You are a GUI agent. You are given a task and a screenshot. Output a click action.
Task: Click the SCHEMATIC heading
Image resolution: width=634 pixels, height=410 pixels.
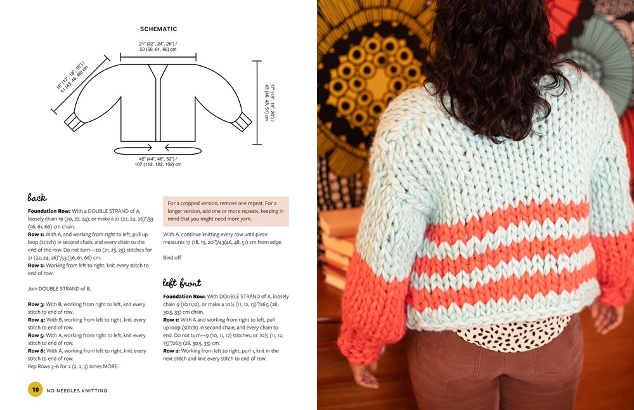click(x=158, y=29)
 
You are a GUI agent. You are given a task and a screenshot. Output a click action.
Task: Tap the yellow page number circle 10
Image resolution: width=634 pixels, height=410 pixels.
click(x=35, y=389)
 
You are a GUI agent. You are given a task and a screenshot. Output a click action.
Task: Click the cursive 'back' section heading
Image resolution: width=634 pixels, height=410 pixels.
click(x=37, y=197)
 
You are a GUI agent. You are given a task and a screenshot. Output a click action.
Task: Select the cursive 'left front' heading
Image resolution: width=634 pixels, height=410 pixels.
click(x=182, y=283)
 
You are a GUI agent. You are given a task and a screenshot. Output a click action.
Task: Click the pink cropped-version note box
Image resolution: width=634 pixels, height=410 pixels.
click(x=226, y=211)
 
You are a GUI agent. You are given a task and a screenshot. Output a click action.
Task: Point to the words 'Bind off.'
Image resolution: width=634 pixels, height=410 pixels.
click(x=172, y=257)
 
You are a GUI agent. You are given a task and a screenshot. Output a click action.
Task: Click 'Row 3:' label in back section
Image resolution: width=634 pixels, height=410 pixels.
click(x=36, y=304)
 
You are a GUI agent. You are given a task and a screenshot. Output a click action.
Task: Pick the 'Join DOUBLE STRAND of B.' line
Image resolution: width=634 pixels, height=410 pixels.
click(x=60, y=289)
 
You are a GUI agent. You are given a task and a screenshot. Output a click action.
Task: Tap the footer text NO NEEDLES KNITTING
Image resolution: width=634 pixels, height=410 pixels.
click(x=77, y=390)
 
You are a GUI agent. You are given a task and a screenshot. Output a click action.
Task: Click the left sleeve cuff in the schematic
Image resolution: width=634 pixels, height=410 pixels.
click(x=72, y=122)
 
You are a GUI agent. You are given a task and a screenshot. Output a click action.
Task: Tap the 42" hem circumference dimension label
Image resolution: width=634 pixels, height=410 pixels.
click(x=158, y=162)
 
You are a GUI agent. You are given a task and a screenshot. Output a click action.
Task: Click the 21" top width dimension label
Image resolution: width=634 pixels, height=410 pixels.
click(x=158, y=46)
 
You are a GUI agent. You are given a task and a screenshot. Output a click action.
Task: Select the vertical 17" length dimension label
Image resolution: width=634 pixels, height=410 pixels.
click(x=269, y=103)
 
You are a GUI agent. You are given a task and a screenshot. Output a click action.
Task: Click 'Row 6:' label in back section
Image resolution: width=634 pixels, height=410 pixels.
click(x=36, y=351)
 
